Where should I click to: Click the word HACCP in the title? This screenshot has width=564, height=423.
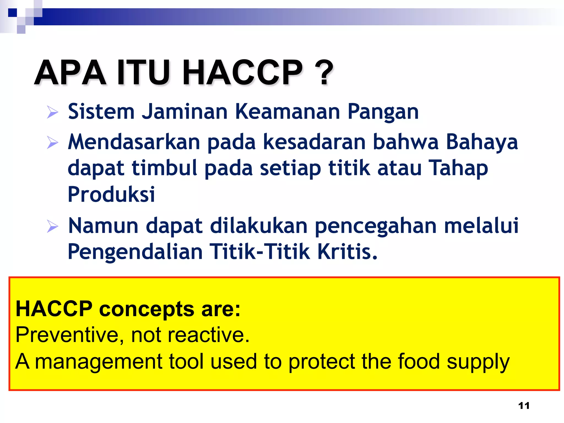point(242,72)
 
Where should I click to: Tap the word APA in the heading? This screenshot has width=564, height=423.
point(70,72)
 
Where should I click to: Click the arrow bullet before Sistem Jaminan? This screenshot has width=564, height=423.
point(52,112)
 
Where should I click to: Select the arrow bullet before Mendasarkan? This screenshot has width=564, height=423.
point(52,142)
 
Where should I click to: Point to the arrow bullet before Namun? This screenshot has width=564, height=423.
point(52,226)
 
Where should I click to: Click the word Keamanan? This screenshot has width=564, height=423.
point(288,112)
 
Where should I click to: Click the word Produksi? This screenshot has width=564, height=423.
point(111,194)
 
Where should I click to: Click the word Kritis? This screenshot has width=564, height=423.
point(347,251)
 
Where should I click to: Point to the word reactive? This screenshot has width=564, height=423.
point(208,335)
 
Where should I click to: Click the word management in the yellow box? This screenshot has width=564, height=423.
point(99,362)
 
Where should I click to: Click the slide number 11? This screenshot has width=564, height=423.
point(524,405)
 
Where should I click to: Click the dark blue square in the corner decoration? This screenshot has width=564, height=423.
point(12,13)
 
